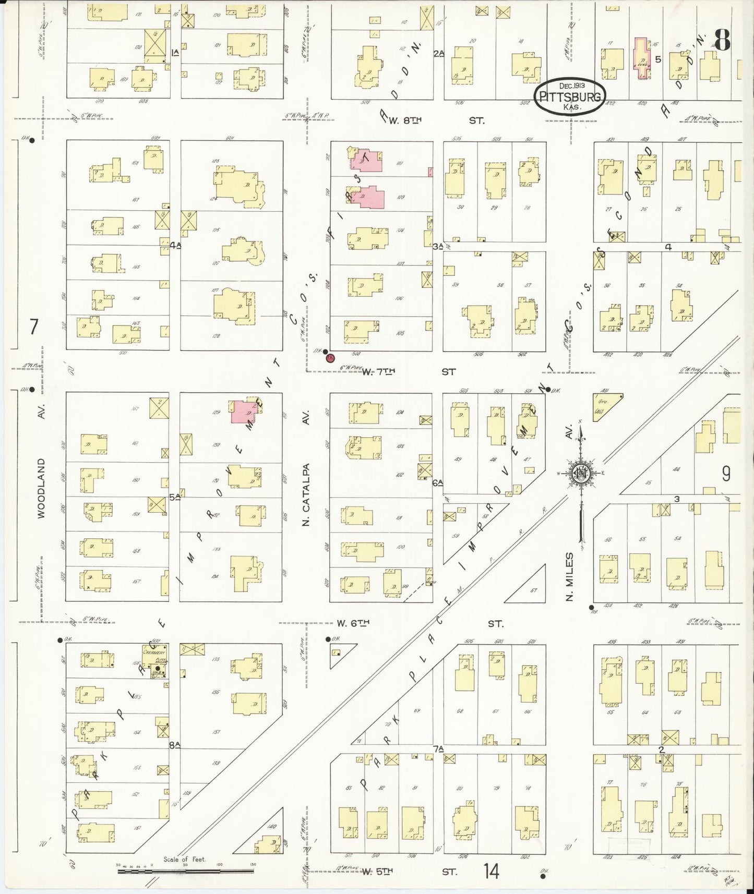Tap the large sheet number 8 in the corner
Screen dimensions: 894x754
pyautogui.click(x=722, y=40)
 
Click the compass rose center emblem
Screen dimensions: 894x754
pyautogui.click(x=581, y=474)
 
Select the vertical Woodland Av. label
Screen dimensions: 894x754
pyautogui.click(x=41, y=488)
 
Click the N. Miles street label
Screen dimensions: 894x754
pyautogui.click(x=570, y=576)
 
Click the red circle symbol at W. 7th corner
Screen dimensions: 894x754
pyautogui.click(x=330, y=358)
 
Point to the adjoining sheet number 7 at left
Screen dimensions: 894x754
pyautogui.click(x=34, y=327)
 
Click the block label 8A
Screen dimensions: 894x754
pyautogui.click(x=174, y=745)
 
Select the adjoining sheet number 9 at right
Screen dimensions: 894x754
pyautogui.click(x=726, y=474)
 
